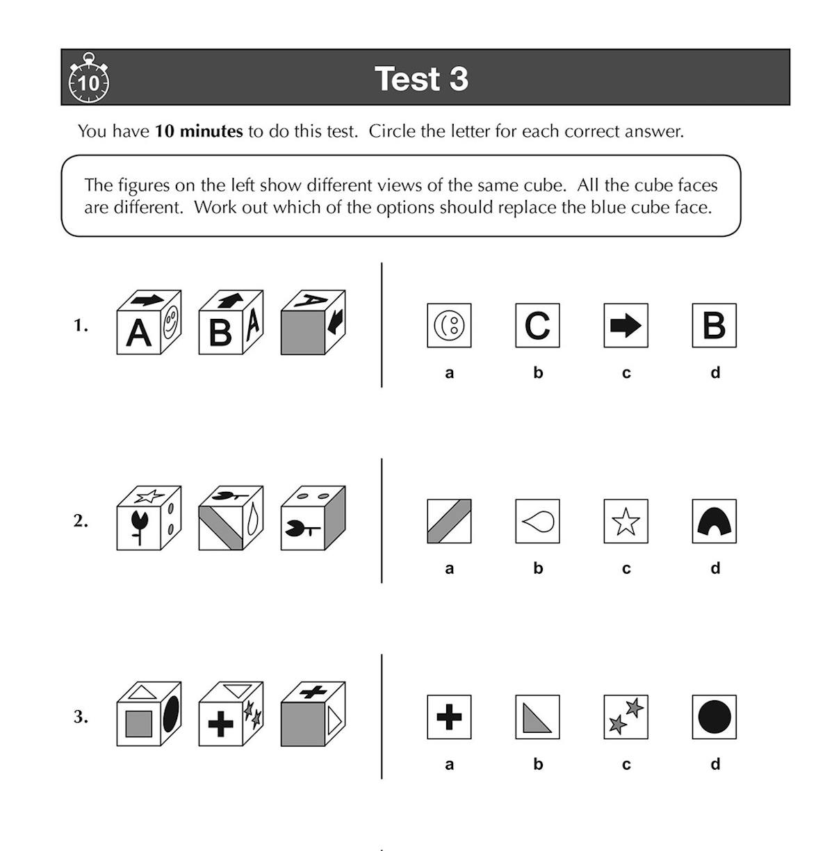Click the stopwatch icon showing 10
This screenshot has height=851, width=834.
pos(89,79)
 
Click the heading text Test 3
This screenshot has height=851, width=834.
pos(421,79)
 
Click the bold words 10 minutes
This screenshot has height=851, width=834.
pos(199,131)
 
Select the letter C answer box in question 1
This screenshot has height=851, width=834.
pos(537,325)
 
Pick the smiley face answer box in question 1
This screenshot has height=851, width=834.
pos(449,325)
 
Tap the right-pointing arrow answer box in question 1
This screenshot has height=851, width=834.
pos(625,325)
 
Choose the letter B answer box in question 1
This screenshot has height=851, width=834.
pos(714,325)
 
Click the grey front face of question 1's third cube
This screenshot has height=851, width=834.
pos(303,333)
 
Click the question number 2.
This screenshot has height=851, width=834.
pos(81,521)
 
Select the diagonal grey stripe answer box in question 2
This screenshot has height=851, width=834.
pos(449,521)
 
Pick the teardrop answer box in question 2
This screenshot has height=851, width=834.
pos(537,521)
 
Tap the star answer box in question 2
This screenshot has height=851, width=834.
pos(625,521)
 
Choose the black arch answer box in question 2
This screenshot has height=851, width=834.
pos(714,521)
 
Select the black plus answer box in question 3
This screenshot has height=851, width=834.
pos(449,717)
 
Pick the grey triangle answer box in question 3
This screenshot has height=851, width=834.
pos(537,717)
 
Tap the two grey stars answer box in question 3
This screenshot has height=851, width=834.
pos(625,717)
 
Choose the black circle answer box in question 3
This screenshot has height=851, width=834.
pos(714,717)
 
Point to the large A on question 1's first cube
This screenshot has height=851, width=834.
pos(138,333)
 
